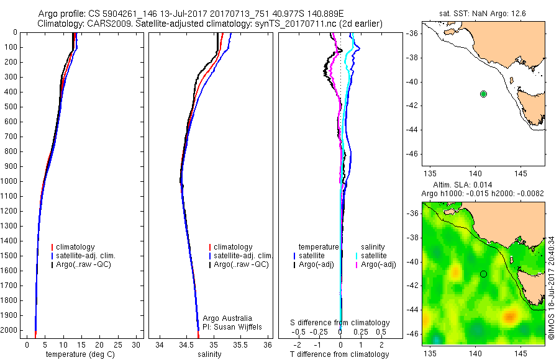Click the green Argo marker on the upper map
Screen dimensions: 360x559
pos(483,94)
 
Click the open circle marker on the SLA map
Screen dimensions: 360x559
pos(483,274)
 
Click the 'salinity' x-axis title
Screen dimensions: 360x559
pos(209,354)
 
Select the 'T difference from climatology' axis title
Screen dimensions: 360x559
pos(340,354)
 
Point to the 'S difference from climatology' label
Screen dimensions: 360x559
pos(340,323)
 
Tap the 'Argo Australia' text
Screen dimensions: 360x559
pos(227,318)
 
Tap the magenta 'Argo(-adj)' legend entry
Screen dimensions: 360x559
pos(379,264)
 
